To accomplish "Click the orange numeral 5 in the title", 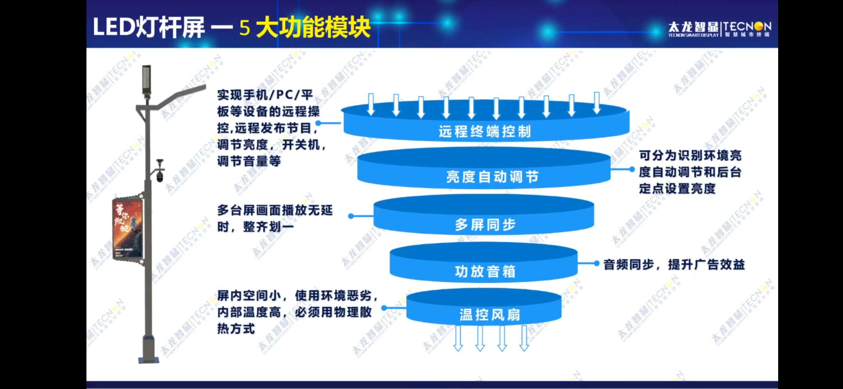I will pyautogui.click(x=245, y=28).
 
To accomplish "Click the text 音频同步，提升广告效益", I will pyautogui.click(x=674, y=264).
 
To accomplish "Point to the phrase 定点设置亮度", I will pyautogui.click(x=677, y=188).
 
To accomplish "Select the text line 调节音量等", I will pyautogui.click(x=249, y=161).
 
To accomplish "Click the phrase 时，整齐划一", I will pyautogui.click(x=255, y=227).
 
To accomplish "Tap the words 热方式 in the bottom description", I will pyautogui.click(x=236, y=328).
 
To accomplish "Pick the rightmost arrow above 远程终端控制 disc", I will pyautogui.click(x=597, y=102).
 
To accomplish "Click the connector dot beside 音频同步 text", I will pyautogui.click(x=597, y=264).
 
